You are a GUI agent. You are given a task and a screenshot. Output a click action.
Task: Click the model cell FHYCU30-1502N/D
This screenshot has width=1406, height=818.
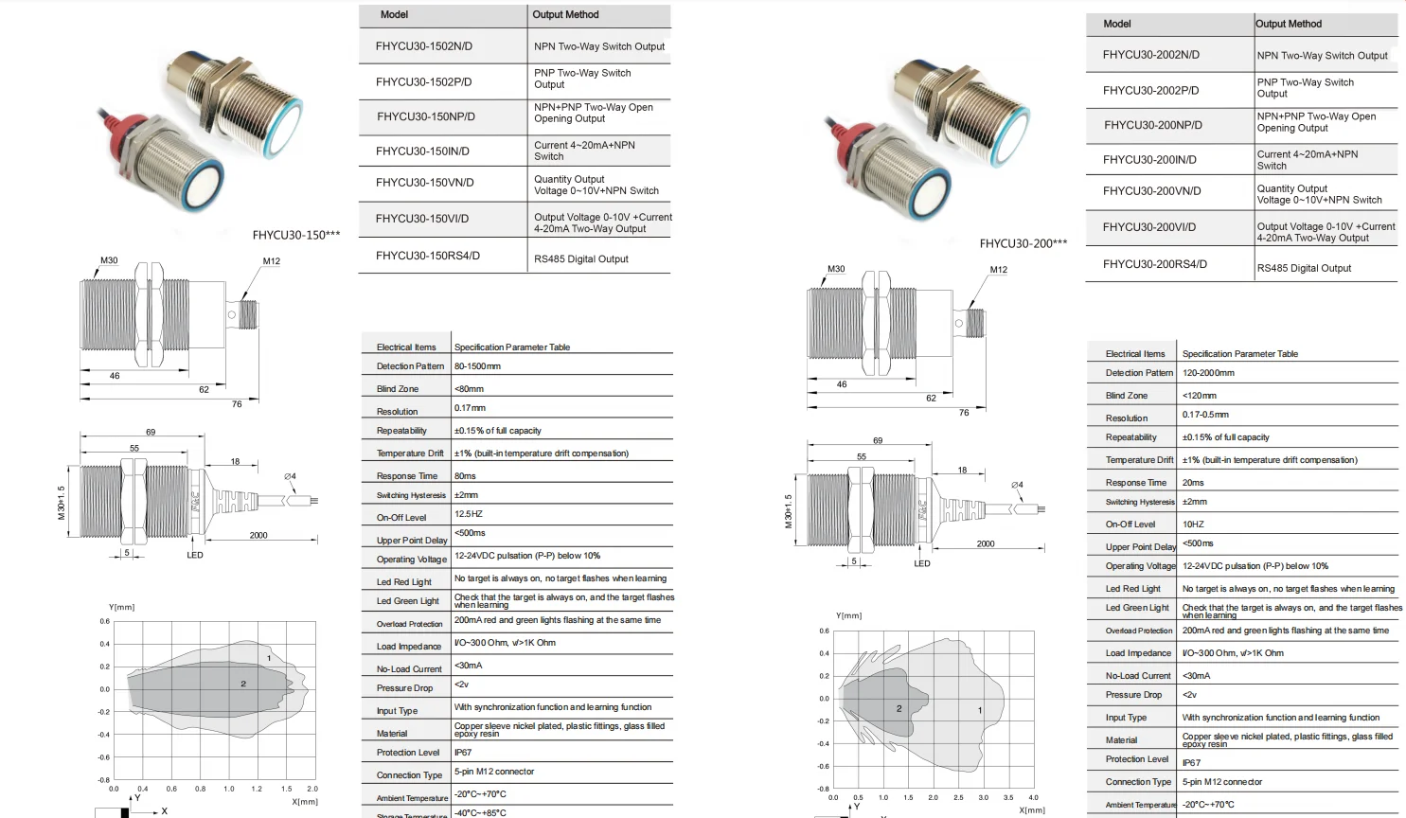[x=423, y=46]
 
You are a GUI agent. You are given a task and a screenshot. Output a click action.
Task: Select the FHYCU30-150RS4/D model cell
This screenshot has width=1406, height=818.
[x=427, y=256]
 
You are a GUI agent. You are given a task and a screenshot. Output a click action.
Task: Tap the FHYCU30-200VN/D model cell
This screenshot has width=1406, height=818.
[x=1151, y=191]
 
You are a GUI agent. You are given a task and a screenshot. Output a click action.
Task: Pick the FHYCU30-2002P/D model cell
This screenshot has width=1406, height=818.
[x=1150, y=91]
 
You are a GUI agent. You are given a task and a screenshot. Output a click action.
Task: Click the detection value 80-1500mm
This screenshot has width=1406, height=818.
[x=477, y=366]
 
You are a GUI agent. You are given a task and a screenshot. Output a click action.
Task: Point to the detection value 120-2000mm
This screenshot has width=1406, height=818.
[x=1208, y=373]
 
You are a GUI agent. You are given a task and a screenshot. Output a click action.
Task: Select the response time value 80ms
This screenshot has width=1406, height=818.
[x=465, y=476]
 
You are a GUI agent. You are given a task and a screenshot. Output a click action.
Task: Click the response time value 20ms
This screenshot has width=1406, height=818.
[x=1193, y=483]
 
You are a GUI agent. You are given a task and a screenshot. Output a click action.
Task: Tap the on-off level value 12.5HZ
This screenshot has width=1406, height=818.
[x=469, y=514]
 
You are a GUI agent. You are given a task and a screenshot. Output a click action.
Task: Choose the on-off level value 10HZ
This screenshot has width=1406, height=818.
[x=1193, y=525]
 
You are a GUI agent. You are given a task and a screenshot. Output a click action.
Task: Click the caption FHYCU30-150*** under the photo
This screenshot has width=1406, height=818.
[x=295, y=235]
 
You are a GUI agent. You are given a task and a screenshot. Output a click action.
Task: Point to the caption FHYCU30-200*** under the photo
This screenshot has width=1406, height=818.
[x=1023, y=243]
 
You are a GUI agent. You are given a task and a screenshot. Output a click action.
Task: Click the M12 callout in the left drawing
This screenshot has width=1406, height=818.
[x=272, y=261]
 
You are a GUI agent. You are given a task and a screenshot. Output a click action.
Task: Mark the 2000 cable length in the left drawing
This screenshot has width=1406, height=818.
[x=258, y=536]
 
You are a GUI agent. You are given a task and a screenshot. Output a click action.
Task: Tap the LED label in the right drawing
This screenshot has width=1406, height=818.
[x=921, y=564]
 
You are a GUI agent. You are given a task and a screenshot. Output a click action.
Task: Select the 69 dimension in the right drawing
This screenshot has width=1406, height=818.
[x=878, y=440]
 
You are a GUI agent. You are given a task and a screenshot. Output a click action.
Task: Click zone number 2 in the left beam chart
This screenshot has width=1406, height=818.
[x=243, y=684]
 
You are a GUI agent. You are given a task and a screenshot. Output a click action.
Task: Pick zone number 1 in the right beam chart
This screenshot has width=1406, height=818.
[x=980, y=710]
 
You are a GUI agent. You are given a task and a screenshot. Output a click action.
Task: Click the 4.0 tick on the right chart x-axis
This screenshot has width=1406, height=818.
[x=1033, y=797]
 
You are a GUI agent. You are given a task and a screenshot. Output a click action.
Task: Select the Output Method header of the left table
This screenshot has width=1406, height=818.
[x=565, y=15]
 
